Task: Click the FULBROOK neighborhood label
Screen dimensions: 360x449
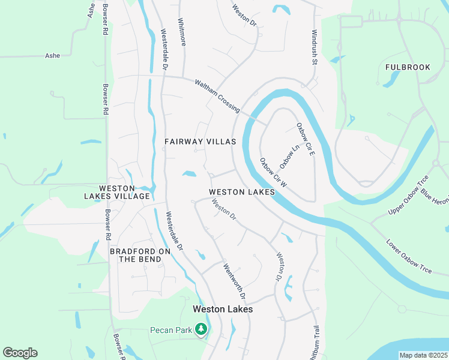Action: click(x=408, y=67)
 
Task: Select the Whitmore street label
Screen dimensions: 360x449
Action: click(x=181, y=30)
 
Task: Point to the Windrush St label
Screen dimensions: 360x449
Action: click(x=313, y=47)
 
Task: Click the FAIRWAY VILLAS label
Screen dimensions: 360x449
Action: click(x=200, y=142)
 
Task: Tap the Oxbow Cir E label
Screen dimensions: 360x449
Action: click(x=306, y=140)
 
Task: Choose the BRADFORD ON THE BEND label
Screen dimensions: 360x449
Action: click(x=136, y=255)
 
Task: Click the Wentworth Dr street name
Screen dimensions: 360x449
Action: click(x=235, y=281)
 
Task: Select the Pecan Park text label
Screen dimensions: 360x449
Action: click(x=170, y=329)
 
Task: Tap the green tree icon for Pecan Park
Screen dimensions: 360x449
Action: click(x=202, y=329)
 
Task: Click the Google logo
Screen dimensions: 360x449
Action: click(x=20, y=353)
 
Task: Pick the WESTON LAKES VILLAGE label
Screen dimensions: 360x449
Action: click(x=116, y=192)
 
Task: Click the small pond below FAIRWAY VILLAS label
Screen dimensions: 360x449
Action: click(x=190, y=175)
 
